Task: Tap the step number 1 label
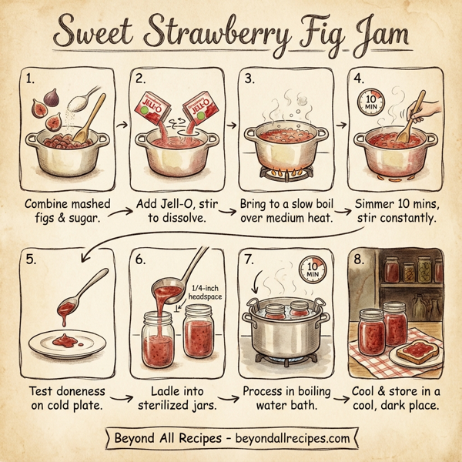[29, 79]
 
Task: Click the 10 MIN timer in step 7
[312, 272]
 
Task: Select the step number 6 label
[141, 259]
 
